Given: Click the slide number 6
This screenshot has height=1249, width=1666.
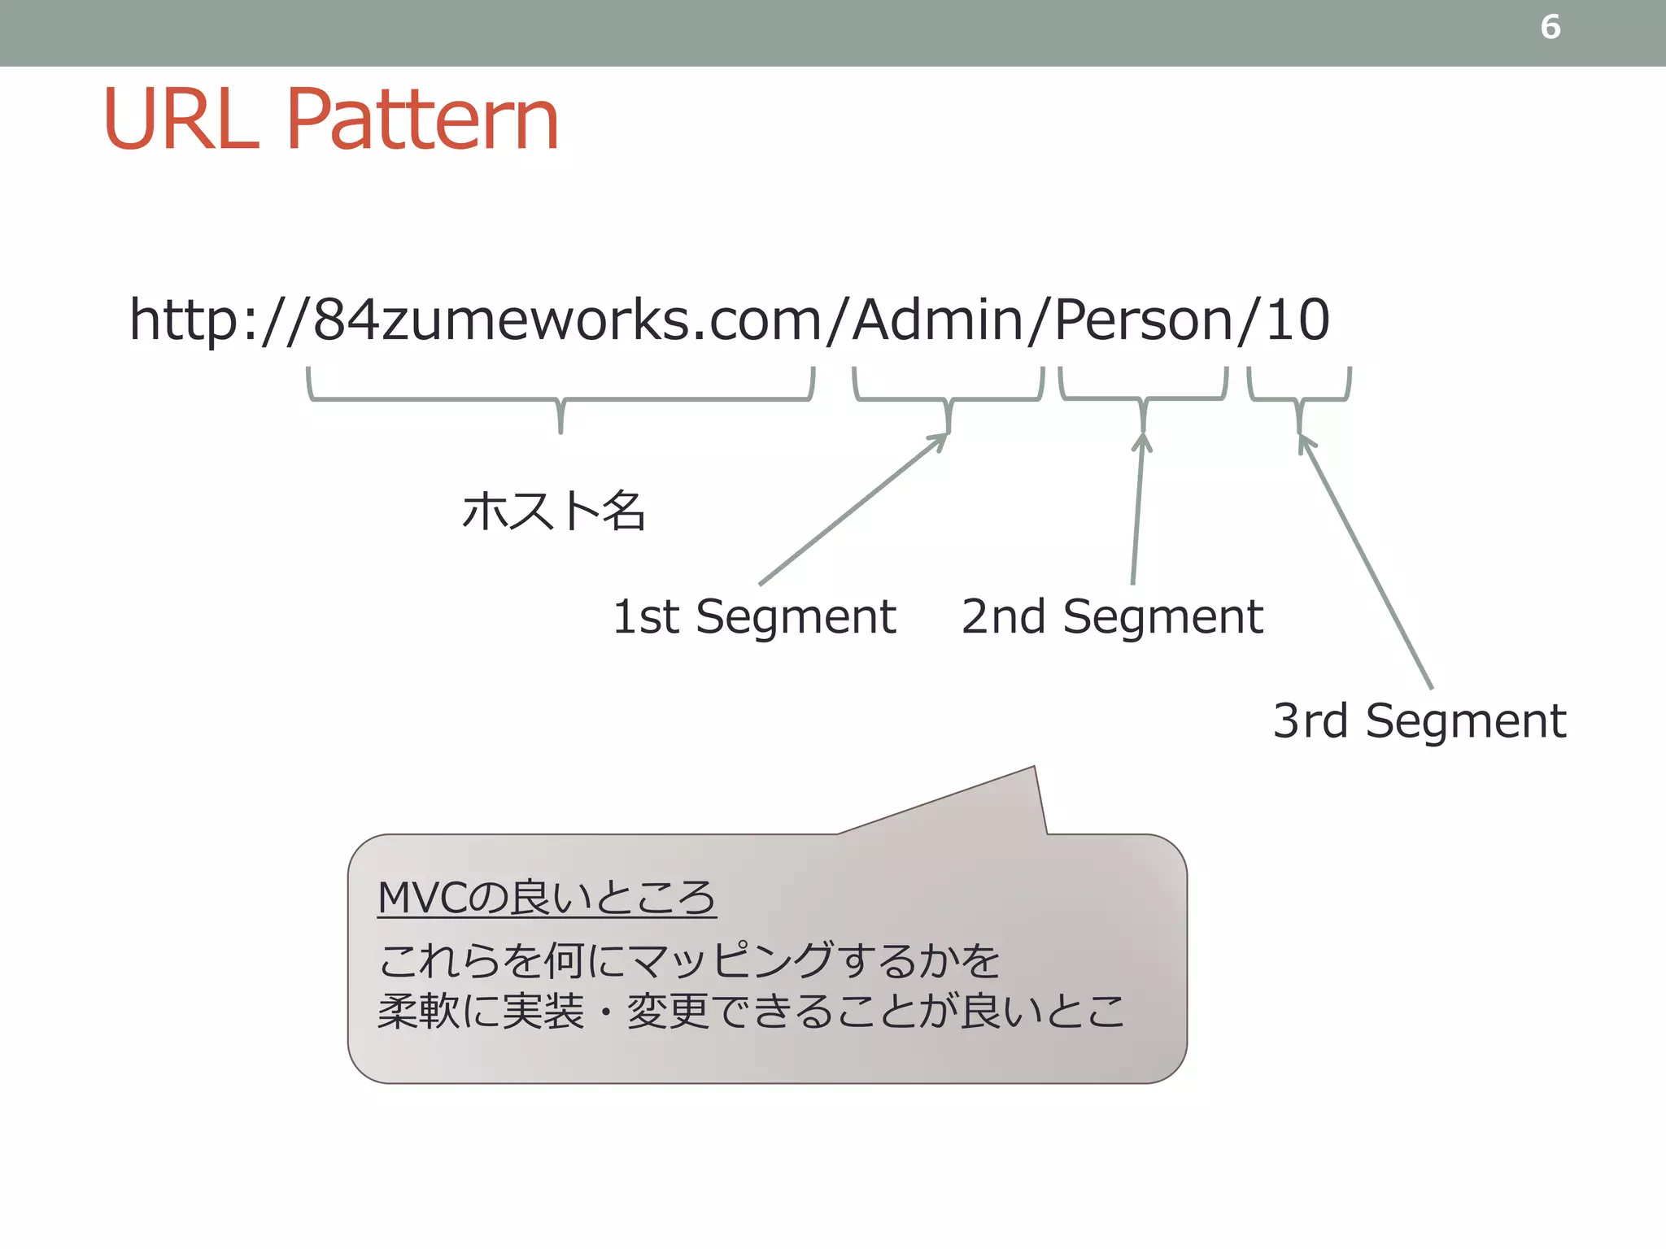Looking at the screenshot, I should click(1550, 28).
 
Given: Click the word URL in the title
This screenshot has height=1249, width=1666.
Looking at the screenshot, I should click(181, 120).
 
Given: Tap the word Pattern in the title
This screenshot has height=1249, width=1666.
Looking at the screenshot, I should click(421, 120).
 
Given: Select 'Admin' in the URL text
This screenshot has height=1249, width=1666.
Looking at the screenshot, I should click(936, 320).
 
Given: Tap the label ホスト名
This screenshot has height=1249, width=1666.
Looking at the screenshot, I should click(553, 511).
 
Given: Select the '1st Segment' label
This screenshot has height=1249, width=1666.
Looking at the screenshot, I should click(753, 616).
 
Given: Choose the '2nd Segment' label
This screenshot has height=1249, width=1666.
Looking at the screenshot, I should click(1111, 616).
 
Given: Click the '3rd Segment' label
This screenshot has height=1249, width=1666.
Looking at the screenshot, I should click(1419, 720).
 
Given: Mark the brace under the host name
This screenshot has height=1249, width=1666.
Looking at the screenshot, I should click(560, 398).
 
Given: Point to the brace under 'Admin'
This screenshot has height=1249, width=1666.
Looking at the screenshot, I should click(949, 398).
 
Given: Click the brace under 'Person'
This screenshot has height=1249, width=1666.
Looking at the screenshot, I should click(1143, 398).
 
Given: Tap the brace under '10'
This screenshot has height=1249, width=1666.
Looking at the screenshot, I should click(1299, 398).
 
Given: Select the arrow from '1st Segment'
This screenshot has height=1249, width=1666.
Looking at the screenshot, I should click(850, 511).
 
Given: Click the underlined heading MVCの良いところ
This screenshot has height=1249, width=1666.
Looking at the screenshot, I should click(547, 898).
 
